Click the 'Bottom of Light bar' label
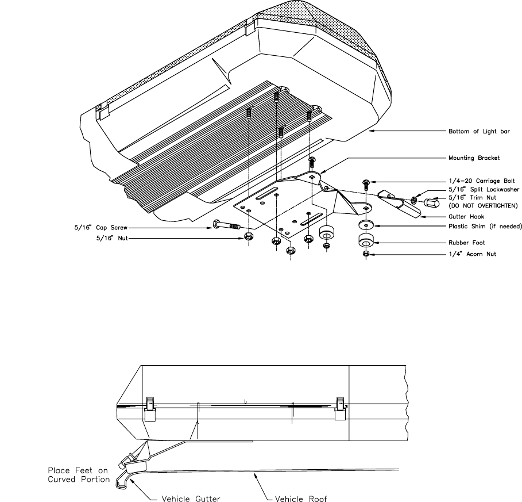pyautogui.click(x=479, y=131)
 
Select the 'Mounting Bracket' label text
pyautogui.click(x=474, y=158)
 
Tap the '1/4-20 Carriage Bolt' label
pyautogui.click(x=482, y=181)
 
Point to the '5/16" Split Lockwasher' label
pyautogui.click(x=484, y=189)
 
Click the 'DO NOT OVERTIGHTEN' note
pyautogui.click(x=483, y=206)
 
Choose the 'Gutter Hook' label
pyautogui.click(x=466, y=217)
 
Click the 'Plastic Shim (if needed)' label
pyautogui.click(x=485, y=227)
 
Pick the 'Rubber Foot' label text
pyautogui.click(x=467, y=243)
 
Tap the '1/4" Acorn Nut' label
pyautogui.click(x=473, y=254)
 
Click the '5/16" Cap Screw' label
pyautogui.click(x=100, y=228)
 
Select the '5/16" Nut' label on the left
pyautogui.click(x=112, y=238)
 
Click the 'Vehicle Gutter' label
pyautogui.click(x=191, y=499)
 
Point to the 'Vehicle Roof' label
pyautogui.click(x=301, y=499)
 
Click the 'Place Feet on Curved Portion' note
pyautogui.click(x=79, y=475)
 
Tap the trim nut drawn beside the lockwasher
pyautogui.click(x=431, y=202)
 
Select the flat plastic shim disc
pyautogui.click(x=366, y=225)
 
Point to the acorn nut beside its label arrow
pyautogui.click(x=366, y=254)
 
